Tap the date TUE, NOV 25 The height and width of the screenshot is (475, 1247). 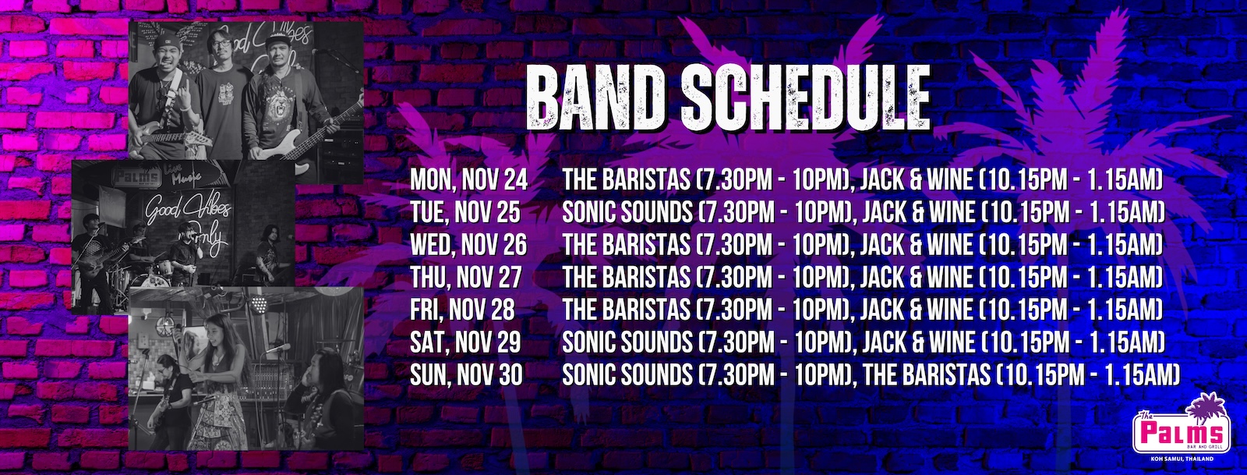tap(465, 212)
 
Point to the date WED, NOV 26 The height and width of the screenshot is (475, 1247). tap(468, 245)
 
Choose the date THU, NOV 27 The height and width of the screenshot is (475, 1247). tap(466, 277)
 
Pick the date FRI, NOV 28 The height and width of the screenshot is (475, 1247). tap(462, 310)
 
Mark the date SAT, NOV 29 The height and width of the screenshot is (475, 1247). tap(465, 342)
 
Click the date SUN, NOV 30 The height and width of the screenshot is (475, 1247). tap(466, 375)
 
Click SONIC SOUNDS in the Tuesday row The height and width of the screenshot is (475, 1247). tap(627, 212)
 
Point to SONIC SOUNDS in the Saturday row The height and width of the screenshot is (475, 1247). tap(627, 342)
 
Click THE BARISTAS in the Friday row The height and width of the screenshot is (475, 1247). tap(626, 310)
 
